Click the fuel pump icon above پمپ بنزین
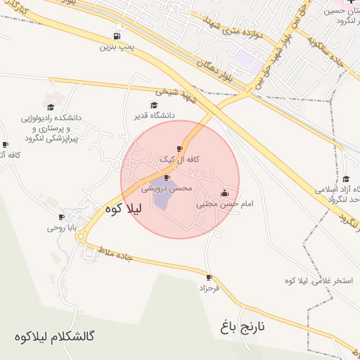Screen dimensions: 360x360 click(116, 36)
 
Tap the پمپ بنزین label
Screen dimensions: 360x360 click(116, 47)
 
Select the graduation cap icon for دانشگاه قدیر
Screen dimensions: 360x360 click(154, 105)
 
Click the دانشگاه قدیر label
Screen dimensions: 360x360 click(155, 115)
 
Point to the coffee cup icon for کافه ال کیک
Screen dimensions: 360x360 click(179, 149)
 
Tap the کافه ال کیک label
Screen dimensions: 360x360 click(180, 160)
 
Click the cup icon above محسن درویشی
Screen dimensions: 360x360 click(167, 177)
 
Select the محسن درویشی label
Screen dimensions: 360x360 click(167, 188)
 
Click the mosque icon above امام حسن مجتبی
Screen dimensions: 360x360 click(224, 193)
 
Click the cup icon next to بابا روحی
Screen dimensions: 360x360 click(61, 217)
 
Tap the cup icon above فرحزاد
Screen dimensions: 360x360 click(208, 277)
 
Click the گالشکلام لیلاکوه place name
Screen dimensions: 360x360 click(54, 336)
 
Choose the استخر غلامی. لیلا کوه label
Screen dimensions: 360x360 click(314, 281)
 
